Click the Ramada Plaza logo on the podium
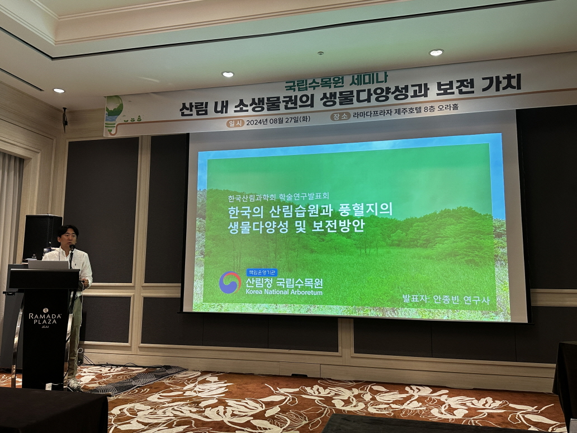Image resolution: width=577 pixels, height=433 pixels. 45,317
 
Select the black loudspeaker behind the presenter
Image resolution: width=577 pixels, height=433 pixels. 42,237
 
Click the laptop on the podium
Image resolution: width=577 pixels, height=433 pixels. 48,265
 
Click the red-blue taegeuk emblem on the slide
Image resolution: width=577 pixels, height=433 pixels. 230,283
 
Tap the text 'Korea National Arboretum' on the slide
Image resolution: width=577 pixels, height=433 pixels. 284,292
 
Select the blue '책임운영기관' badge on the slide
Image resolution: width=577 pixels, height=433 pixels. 262,272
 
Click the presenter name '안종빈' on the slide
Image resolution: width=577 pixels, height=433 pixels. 446,299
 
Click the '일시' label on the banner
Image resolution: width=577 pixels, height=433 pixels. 235,123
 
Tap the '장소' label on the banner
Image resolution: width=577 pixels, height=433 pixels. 340,116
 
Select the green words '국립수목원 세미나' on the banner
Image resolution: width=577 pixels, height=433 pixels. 336,82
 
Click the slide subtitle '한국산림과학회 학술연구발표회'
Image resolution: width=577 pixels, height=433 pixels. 278,197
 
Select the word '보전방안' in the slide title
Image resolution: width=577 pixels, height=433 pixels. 338,225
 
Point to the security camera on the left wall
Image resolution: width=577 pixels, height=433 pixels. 65,119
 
